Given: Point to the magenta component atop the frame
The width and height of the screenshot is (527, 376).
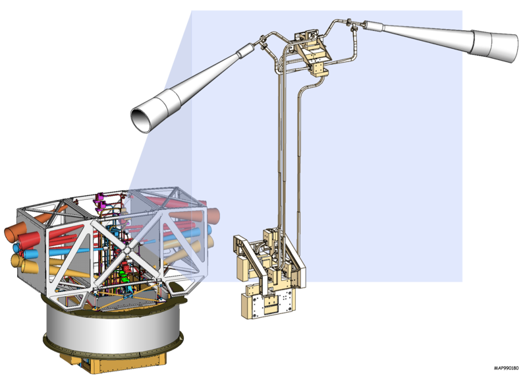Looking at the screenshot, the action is [x=101, y=202].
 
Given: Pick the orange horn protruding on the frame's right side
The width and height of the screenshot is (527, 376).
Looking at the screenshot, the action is [x=213, y=216].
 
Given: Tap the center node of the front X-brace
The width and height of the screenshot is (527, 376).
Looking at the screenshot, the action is [x=127, y=251].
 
